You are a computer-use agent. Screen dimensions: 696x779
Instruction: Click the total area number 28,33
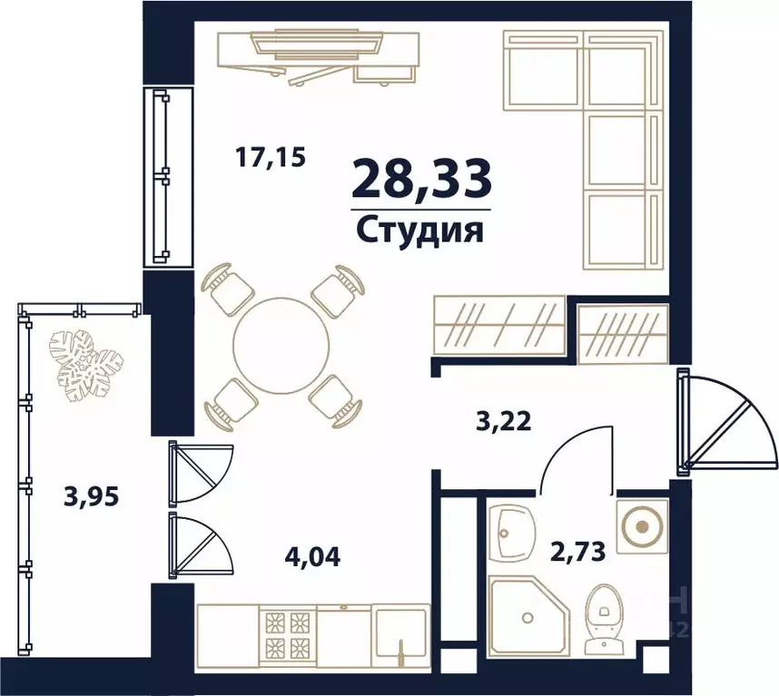(421, 178)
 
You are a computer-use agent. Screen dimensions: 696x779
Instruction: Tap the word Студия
(419, 229)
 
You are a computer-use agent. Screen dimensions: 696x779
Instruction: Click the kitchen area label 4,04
(311, 554)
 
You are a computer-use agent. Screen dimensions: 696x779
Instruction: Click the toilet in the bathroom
(602, 617)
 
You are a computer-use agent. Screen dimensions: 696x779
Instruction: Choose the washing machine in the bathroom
(642, 525)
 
